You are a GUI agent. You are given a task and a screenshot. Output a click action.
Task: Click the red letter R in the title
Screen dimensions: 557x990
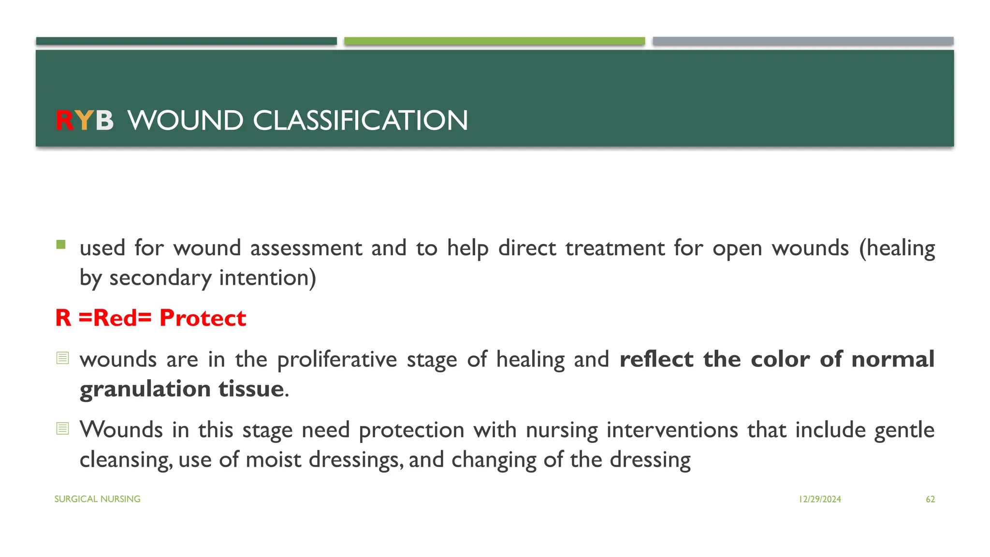64,120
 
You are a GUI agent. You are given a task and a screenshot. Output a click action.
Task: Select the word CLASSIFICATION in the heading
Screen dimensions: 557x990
360,120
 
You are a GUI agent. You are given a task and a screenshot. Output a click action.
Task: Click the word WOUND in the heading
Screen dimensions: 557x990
186,120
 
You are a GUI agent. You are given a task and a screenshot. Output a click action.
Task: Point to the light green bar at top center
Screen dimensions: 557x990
495,41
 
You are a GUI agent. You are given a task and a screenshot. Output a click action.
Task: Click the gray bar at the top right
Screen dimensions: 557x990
803,41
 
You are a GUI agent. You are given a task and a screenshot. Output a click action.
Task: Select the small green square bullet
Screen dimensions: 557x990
61,245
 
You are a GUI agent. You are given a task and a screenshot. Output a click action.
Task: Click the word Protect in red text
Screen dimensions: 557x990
203,318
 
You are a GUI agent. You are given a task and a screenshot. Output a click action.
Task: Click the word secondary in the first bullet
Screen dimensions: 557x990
160,278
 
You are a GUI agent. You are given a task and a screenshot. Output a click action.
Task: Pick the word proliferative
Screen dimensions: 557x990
337,360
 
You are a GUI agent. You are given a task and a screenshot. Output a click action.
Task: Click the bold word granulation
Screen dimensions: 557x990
145,389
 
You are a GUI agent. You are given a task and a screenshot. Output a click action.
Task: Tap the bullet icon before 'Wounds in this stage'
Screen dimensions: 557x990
63,428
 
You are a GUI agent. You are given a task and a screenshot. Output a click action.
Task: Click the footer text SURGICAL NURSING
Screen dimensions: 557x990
97,499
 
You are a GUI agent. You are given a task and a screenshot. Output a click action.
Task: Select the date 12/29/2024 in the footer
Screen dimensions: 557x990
820,499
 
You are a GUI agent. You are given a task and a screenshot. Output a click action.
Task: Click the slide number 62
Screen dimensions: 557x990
930,499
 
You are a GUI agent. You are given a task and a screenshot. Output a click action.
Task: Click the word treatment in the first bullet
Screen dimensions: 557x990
615,249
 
